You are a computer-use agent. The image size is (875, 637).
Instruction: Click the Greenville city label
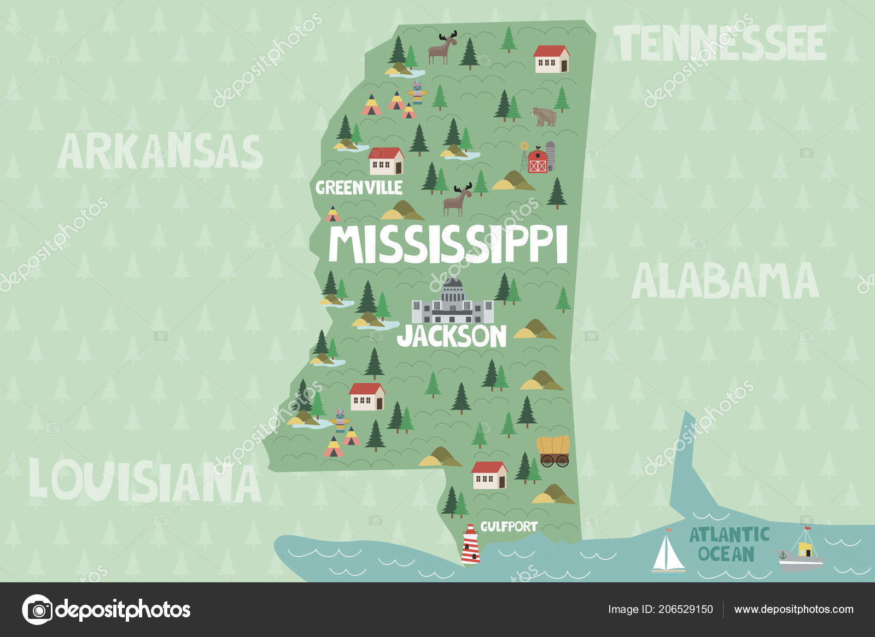click(359, 188)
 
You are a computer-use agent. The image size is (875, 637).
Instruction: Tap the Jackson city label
click(452, 336)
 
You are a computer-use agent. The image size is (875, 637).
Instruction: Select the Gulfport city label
click(509, 526)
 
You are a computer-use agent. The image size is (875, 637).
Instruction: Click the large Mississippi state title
click(448, 244)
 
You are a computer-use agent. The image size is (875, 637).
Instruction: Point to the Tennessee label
click(719, 43)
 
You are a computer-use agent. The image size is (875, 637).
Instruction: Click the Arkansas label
click(160, 151)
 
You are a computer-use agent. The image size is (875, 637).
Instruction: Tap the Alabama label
click(725, 280)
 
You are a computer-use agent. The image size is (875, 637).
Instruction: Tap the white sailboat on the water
click(668, 553)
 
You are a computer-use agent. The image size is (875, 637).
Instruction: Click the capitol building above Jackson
click(453, 303)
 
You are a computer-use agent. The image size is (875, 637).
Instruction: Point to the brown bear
click(543, 116)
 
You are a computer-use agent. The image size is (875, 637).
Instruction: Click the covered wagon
click(553, 451)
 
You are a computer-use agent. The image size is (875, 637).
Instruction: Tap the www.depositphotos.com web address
click(794, 609)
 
